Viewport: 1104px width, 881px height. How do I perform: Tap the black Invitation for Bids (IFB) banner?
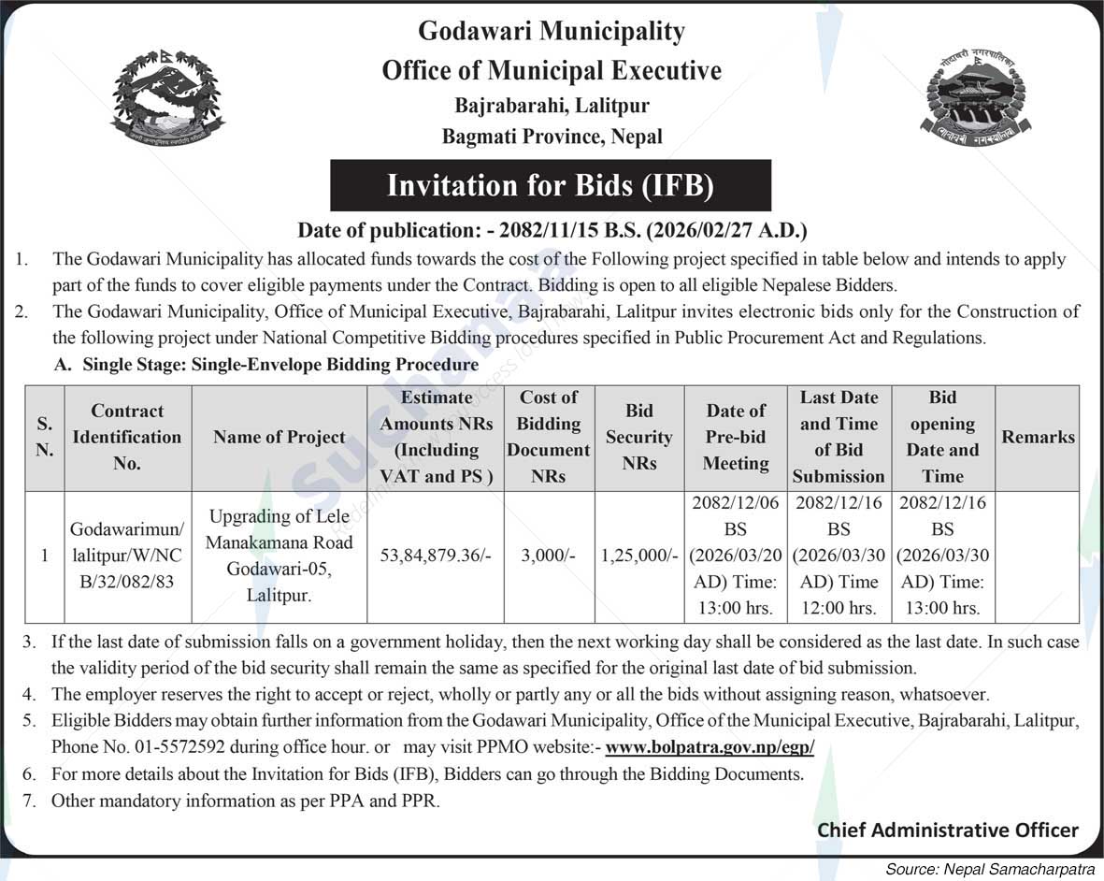[x=551, y=185]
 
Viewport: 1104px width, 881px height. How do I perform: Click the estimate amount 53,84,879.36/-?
[x=436, y=556]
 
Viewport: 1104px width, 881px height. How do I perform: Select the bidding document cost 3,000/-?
[x=549, y=556]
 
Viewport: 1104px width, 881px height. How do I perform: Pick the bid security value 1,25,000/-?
[x=638, y=556]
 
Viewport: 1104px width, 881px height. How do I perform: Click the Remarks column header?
[x=1038, y=437]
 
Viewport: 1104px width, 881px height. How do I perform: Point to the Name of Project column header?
[x=279, y=437]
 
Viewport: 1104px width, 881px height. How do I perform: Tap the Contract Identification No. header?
[x=127, y=437]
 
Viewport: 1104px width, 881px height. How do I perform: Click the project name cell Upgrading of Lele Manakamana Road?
[x=279, y=556]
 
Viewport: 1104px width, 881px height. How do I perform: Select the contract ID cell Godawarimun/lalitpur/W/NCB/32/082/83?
[x=127, y=556]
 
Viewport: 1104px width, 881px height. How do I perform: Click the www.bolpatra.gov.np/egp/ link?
[x=710, y=747]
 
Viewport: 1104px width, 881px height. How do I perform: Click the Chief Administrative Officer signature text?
[x=948, y=830]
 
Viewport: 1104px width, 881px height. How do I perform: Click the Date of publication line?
[x=552, y=230]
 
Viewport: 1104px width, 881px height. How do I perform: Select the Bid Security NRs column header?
[x=638, y=437]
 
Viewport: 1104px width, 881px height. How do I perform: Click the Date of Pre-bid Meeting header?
[x=736, y=437]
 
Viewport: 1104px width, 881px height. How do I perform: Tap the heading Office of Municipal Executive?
[x=552, y=71]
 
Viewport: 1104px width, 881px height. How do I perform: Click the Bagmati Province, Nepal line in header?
[x=552, y=137]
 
